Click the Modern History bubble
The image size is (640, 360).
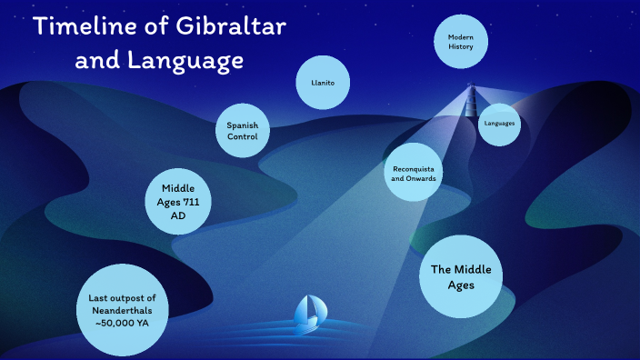tap(461, 41)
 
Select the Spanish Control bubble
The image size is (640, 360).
tap(243, 130)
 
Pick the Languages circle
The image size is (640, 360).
tap(499, 122)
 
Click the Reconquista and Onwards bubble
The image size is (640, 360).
tap(415, 174)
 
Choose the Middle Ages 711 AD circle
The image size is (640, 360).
tap(179, 201)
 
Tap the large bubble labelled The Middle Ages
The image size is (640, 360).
tap(460, 276)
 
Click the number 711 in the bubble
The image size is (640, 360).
tap(191, 201)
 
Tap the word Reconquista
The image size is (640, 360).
tap(415, 168)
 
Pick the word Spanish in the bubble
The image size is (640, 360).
tap(243, 125)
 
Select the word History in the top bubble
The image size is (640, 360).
tap(461, 46)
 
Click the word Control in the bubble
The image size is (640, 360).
tap(243, 136)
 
